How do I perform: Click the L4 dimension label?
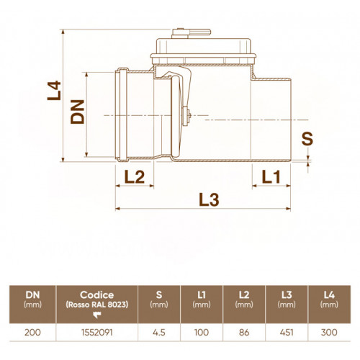tap(54, 91)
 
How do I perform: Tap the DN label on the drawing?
tap(77, 112)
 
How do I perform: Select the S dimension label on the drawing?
tap(307, 139)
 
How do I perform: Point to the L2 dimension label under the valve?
tap(135, 177)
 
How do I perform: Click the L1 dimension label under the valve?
tap(271, 177)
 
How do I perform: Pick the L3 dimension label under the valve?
tap(209, 200)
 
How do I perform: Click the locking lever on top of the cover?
tap(192, 33)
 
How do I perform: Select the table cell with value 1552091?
tap(97, 333)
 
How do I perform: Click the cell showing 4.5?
tap(159, 333)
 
